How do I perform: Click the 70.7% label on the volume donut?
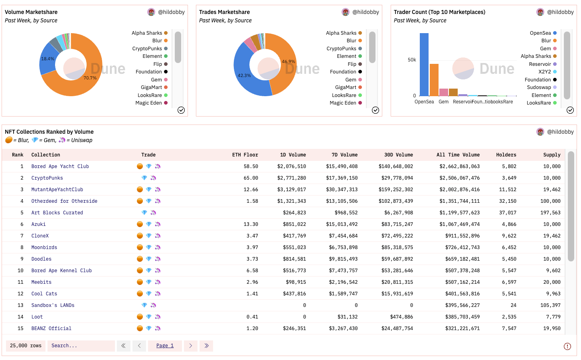90,78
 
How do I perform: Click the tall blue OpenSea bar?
424,64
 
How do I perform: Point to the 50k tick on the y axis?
412,60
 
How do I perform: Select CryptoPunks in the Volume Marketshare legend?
147,49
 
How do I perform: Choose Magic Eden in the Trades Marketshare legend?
343,103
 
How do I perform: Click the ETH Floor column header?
245,155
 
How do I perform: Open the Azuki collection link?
39,224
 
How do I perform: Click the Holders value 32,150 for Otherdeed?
508,201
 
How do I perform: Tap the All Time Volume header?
458,155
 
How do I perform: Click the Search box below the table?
81,346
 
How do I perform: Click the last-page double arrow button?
207,346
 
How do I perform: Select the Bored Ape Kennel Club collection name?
61,271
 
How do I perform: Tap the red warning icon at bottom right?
567,346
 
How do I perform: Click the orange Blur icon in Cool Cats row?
140,294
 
